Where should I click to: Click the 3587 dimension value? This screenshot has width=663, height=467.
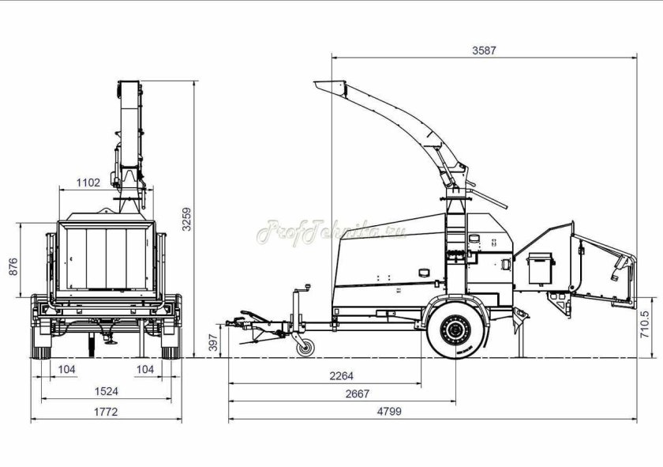484,51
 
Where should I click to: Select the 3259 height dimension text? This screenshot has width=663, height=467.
186,219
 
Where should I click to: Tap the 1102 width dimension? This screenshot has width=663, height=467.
88,183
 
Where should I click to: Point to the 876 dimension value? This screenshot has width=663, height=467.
13,267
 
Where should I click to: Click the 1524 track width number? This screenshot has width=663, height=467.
106,391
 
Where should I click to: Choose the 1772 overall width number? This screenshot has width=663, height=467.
106,412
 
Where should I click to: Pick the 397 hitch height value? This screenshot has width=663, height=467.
214,342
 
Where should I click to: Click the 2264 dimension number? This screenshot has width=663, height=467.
341,376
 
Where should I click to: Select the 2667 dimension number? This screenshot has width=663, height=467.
358,394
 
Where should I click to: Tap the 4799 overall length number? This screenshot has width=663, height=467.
389,411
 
